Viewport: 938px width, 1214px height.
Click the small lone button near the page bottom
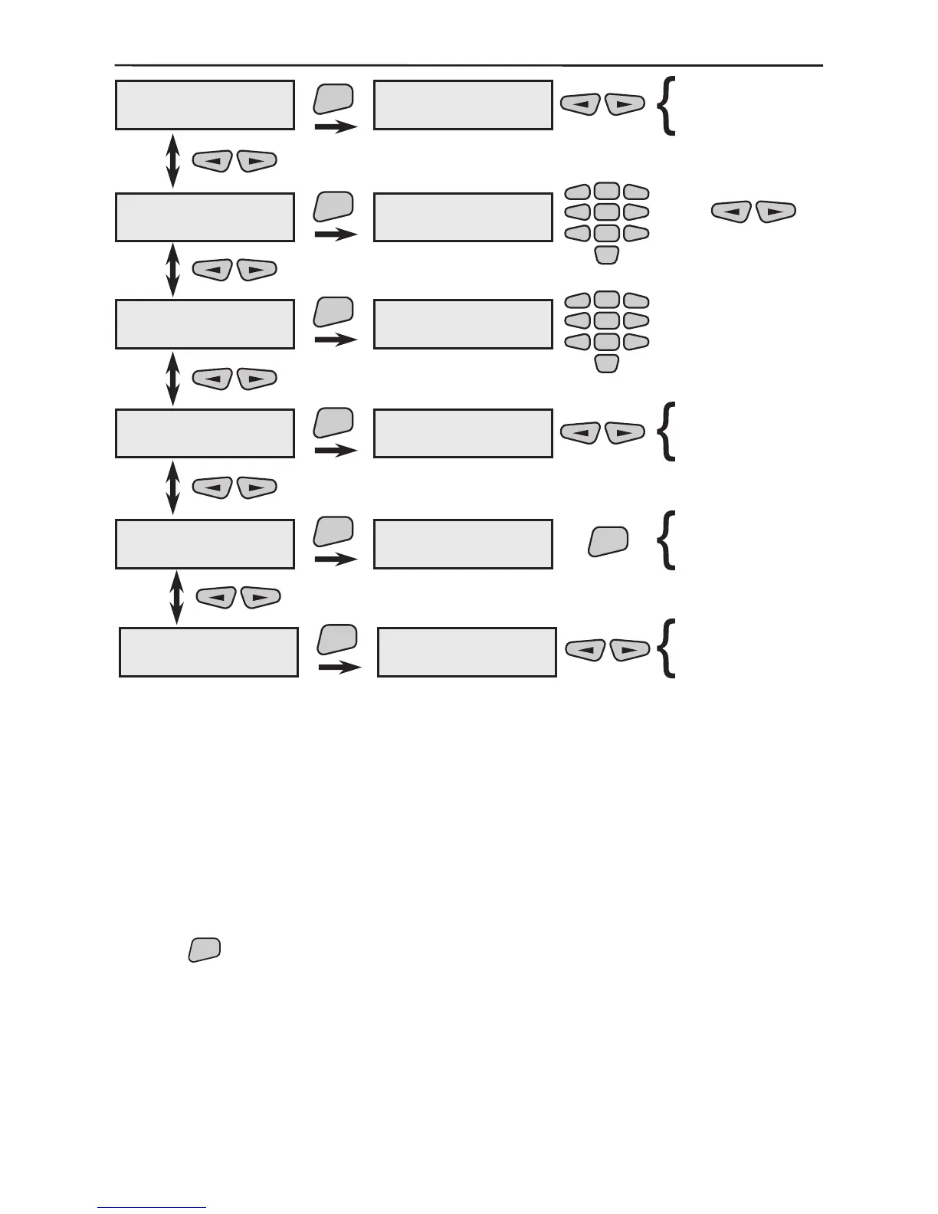[204, 949]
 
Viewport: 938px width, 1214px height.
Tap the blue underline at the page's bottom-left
[152, 1208]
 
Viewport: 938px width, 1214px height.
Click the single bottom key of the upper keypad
[606, 255]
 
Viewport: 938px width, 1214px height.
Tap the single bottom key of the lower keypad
[606, 363]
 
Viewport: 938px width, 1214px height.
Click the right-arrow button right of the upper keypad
[776, 212]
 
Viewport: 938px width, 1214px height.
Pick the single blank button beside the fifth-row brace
[608, 540]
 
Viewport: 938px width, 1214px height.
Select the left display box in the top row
[205, 105]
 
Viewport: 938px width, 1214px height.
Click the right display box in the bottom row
[467, 652]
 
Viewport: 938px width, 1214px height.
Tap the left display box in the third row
[205, 324]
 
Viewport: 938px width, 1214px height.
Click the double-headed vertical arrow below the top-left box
[172, 161]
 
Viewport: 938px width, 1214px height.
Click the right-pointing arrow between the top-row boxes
[336, 126]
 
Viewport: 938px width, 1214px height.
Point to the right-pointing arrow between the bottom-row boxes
[339, 668]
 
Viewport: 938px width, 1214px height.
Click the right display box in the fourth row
[463, 433]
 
